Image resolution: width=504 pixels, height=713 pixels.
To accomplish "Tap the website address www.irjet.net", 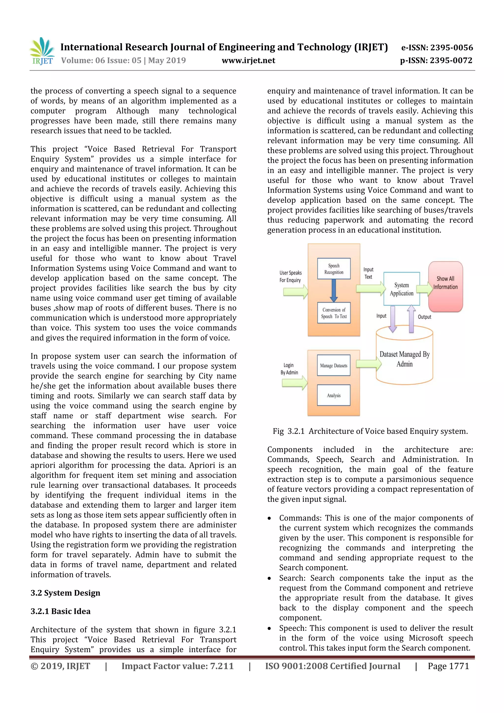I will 248,60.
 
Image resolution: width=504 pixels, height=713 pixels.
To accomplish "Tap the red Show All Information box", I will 445,286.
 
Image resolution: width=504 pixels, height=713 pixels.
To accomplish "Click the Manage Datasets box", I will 333,365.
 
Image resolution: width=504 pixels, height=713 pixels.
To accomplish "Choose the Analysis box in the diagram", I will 333,395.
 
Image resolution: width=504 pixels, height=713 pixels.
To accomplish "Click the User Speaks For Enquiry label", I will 290,276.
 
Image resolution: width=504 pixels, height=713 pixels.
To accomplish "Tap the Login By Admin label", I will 289,369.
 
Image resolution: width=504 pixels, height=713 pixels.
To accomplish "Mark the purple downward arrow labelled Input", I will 393,319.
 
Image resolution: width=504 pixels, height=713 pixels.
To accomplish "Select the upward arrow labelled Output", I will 411,319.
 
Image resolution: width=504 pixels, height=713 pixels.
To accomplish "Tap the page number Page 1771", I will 448,666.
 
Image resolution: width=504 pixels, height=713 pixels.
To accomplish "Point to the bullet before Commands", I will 269,519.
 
